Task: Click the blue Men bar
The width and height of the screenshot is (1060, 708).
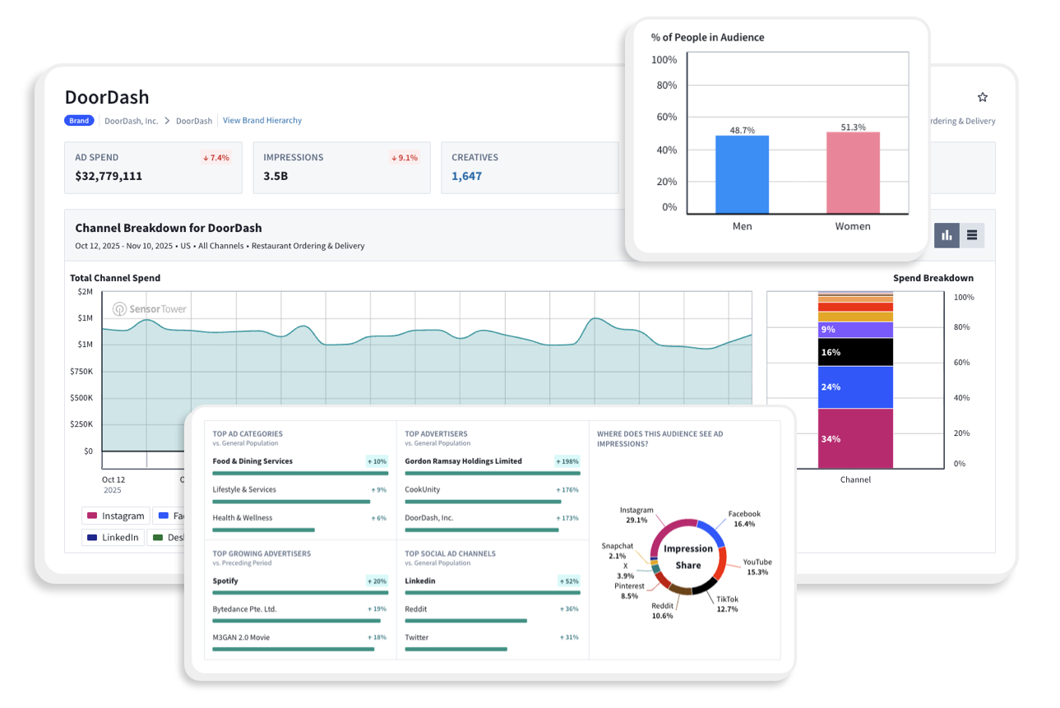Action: point(742,174)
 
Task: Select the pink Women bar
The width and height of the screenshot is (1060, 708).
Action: point(853,172)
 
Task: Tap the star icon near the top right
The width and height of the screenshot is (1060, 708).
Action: point(982,97)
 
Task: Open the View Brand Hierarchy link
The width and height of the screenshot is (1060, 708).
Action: point(262,120)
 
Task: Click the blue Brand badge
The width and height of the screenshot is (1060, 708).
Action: point(79,121)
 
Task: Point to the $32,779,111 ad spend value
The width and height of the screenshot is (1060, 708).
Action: point(109,176)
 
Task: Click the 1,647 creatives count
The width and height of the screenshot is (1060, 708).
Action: point(467,176)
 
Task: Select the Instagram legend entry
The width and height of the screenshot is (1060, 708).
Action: point(116,516)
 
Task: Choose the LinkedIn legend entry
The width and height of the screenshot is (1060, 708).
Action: point(113,538)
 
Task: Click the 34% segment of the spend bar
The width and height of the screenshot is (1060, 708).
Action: point(855,438)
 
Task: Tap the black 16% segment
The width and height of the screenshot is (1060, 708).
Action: point(855,352)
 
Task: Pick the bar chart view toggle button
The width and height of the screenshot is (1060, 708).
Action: point(947,235)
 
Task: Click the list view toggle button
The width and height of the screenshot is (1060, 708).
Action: point(972,235)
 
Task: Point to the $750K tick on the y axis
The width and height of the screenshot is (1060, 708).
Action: point(81,371)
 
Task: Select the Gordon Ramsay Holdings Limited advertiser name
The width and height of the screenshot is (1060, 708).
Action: point(463,461)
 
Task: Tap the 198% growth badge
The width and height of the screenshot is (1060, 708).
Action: point(567,461)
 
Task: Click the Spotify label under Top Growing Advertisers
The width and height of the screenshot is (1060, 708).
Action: point(225,581)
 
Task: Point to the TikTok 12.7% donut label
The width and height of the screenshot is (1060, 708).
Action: point(727,604)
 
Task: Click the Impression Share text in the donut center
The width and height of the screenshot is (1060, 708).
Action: point(688,557)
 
